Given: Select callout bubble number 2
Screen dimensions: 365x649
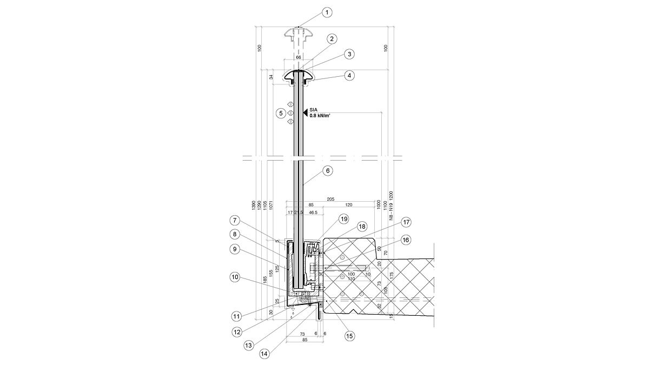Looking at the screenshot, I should tap(332, 38).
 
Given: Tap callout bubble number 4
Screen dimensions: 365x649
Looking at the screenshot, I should tap(350, 76).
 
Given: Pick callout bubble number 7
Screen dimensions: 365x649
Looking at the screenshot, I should tap(234, 220).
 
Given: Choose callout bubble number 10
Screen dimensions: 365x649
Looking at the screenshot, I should tap(234, 277).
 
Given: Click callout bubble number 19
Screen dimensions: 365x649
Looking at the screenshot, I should tap(343, 219).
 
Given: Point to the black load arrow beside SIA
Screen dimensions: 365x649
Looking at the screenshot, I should tap(306, 112).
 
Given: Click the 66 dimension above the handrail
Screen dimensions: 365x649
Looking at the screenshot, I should tap(298, 57).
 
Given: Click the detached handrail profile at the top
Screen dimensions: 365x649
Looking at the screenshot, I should tap(298, 35).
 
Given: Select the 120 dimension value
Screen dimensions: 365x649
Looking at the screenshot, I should tap(348, 205).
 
